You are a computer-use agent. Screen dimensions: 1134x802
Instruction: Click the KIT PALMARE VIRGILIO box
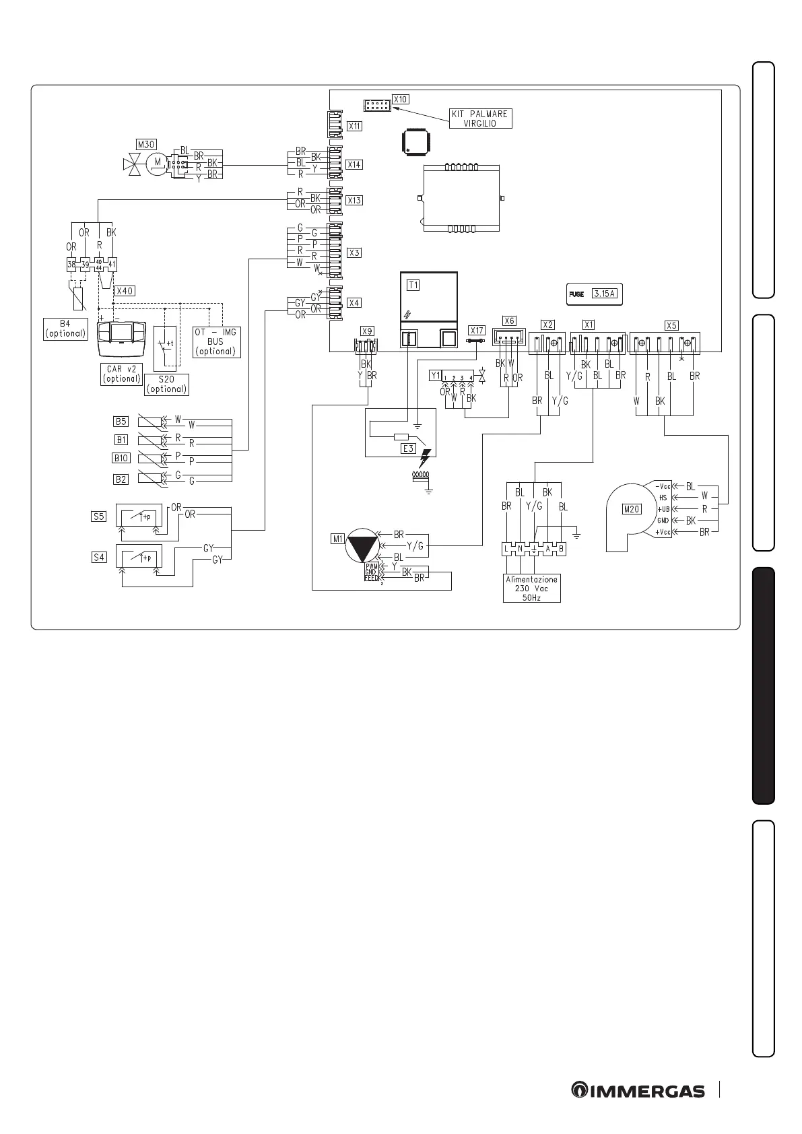480,119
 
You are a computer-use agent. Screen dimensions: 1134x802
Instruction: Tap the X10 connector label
400,99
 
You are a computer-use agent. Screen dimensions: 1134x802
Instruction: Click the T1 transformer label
413,285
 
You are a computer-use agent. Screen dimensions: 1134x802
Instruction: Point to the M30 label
144,144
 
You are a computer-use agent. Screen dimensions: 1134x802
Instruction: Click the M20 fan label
631,509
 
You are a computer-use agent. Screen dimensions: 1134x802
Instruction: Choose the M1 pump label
337,538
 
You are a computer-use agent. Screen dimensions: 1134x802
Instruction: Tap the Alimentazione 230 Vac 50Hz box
531,588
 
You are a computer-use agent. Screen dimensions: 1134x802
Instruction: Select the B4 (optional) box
65,329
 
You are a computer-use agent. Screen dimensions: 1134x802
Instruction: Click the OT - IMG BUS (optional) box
215,341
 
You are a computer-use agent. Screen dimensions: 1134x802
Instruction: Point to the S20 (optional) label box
166,384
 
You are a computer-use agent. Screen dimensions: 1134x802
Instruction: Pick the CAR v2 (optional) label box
121,374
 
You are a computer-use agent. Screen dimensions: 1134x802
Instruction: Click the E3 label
407,448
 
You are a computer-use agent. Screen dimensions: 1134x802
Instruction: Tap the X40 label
125,291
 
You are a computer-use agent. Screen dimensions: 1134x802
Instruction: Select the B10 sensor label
121,458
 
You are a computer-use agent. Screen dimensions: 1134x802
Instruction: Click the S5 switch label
99,516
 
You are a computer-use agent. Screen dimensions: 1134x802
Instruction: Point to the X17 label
476,331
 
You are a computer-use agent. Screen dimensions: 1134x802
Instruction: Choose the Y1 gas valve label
435,375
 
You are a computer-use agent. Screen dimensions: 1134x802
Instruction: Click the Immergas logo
638,1090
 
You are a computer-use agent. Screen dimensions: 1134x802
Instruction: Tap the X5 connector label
671,325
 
